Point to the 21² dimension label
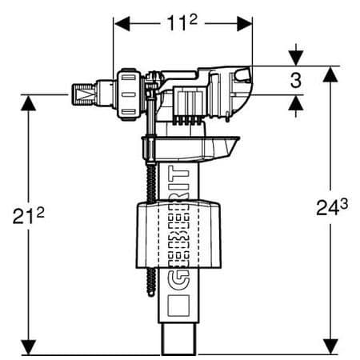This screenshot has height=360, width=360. (x=29, y=217)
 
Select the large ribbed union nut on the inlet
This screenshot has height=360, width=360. (x=128, y=89)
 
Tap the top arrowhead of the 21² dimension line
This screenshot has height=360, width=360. (x=29, y=100)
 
